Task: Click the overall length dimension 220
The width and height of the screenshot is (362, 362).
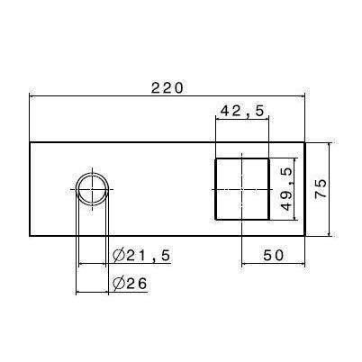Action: tap(167, 87)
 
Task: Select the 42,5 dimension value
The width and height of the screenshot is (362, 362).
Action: tap(240, 111)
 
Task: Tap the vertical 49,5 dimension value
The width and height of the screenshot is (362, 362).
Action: tap(286, 188)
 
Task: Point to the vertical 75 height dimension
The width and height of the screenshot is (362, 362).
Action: tap(321, 188)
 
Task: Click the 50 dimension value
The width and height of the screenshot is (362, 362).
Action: tap(273, 255)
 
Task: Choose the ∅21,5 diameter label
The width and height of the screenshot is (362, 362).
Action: tap(141, 256)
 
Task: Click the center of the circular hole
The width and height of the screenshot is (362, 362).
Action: tap(93, 190)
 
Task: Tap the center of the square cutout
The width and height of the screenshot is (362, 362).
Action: tap(240, 189)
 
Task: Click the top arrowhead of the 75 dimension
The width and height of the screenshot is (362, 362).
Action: tap(330, 147)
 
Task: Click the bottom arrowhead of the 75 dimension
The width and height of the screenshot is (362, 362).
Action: tap(330, 231)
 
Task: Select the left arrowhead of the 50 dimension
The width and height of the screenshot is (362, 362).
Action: tap(246, 265)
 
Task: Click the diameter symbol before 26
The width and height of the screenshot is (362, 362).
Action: tap(118, 285)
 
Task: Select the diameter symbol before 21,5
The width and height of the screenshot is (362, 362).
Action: tap(118, 256)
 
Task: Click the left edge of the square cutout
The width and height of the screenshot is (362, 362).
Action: tap(214, 189)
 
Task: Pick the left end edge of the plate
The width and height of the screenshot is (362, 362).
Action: tap(31, 189)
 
